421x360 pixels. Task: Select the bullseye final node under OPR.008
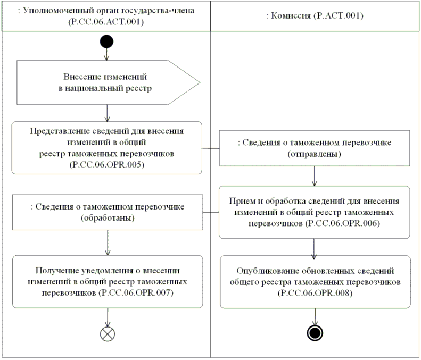[x=315, y=333]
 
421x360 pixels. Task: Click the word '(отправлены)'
[x=315, y=154]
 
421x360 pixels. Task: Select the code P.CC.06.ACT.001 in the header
[x=107, y=22]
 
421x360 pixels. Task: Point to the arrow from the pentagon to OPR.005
[x=107, y=113]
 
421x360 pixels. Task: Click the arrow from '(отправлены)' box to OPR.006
[x=315, y=175]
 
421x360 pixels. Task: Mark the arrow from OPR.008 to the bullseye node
[x=315, y=316]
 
